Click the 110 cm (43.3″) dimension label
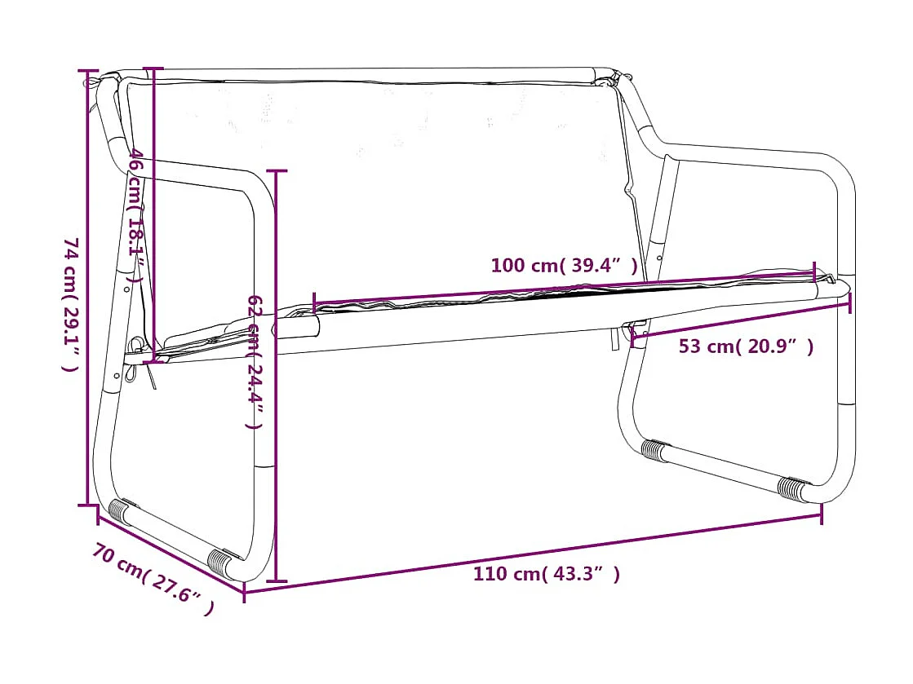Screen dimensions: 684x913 coord(546,574)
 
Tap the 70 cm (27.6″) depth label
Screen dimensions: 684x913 coord(153,580)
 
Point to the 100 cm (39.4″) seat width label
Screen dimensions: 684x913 coord(563,265)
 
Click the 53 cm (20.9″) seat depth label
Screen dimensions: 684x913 coord(746,346)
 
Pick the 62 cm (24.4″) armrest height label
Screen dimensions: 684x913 coord(255,362)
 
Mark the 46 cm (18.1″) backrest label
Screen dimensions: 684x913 coord(137,215)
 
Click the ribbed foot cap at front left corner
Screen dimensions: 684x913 coord(221,563)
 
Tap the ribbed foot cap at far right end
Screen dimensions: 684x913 coord(791,488)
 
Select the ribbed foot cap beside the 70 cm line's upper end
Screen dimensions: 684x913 coord(119,511)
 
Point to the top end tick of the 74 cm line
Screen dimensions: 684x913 coord(88,71)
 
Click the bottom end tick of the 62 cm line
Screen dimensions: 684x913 coord(277,581)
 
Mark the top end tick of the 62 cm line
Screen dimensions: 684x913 coord(277,171)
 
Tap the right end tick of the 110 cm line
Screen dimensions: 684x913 coord(821,514)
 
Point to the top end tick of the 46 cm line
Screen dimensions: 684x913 coord(153,68)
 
